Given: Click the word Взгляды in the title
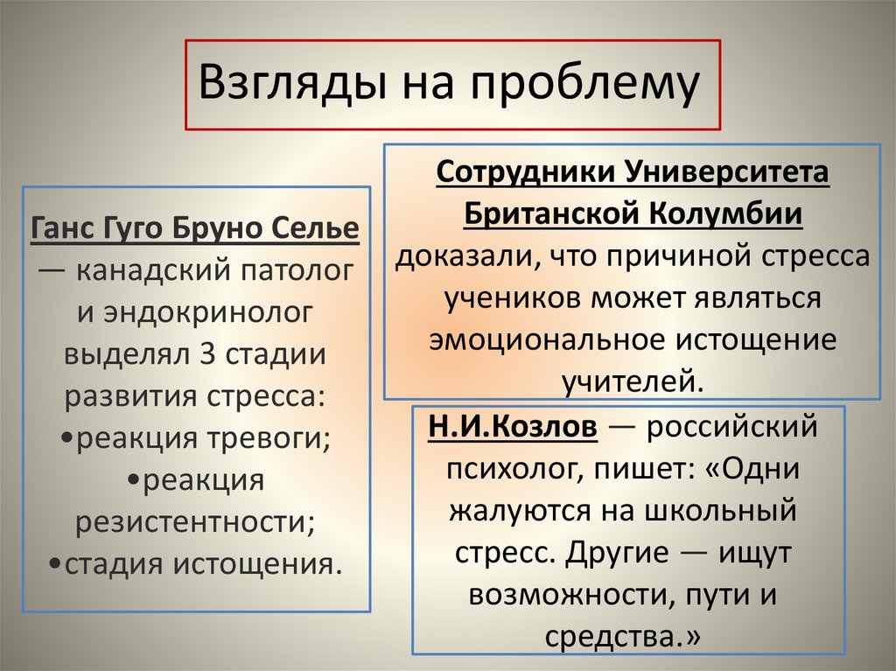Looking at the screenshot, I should (x=291, y=85).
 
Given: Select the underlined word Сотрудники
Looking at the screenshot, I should (x=525, y=171).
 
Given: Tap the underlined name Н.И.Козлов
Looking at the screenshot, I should (x=513, y=428).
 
